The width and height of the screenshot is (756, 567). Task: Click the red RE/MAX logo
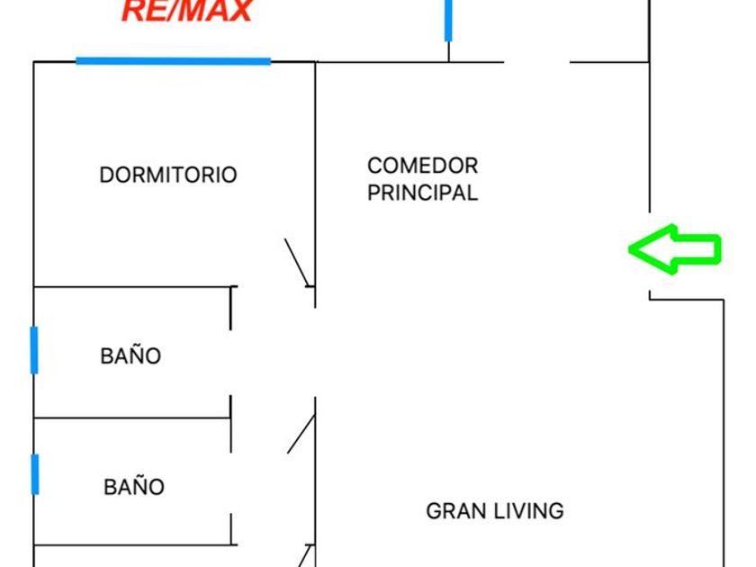[x=187, y=11]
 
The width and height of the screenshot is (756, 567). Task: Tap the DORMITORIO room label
[x=168, y=175]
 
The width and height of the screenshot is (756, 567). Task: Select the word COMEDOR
[x=422, y=166]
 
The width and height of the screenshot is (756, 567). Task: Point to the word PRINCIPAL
[x=422, y=193]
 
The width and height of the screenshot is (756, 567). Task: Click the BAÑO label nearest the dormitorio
[x=130, y=356]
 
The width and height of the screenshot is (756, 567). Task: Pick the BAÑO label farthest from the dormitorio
[x=134, y=488]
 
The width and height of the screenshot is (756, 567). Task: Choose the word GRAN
[x=453, y=511]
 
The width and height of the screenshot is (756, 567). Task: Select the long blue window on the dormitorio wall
[x=173, y=61]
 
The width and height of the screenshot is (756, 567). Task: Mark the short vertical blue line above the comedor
[x=448, y=20]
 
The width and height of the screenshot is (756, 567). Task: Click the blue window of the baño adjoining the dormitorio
[x=34, y=350]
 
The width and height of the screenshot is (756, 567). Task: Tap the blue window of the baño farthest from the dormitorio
[x=34, y=474]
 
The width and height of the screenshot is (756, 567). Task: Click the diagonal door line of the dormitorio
[x=297, y=262]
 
